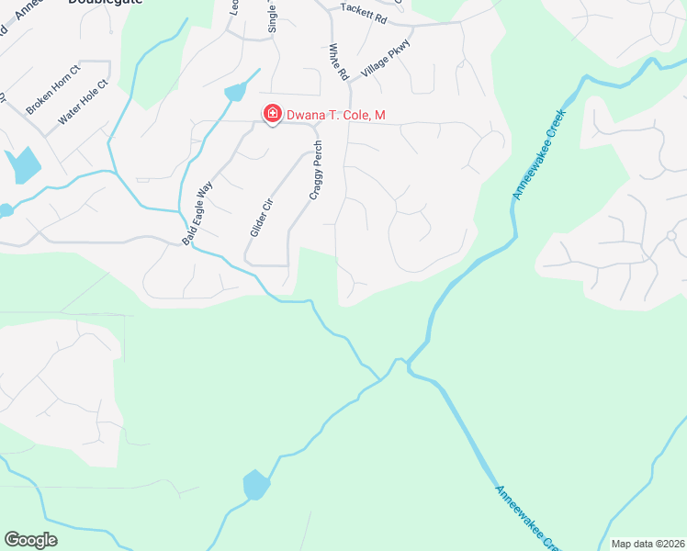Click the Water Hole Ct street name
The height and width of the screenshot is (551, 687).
point(84,102)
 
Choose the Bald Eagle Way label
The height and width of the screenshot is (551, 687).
point(197,212)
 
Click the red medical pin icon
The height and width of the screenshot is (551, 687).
point(272,114)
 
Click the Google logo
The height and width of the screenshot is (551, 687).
point(30,540)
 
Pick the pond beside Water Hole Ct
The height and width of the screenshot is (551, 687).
point(23,165)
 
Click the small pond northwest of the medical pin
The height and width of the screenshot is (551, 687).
point(235,92)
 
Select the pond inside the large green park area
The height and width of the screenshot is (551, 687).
point(256,484)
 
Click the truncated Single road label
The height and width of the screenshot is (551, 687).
point(273,17)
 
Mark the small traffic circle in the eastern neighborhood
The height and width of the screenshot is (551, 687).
point(671,235)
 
